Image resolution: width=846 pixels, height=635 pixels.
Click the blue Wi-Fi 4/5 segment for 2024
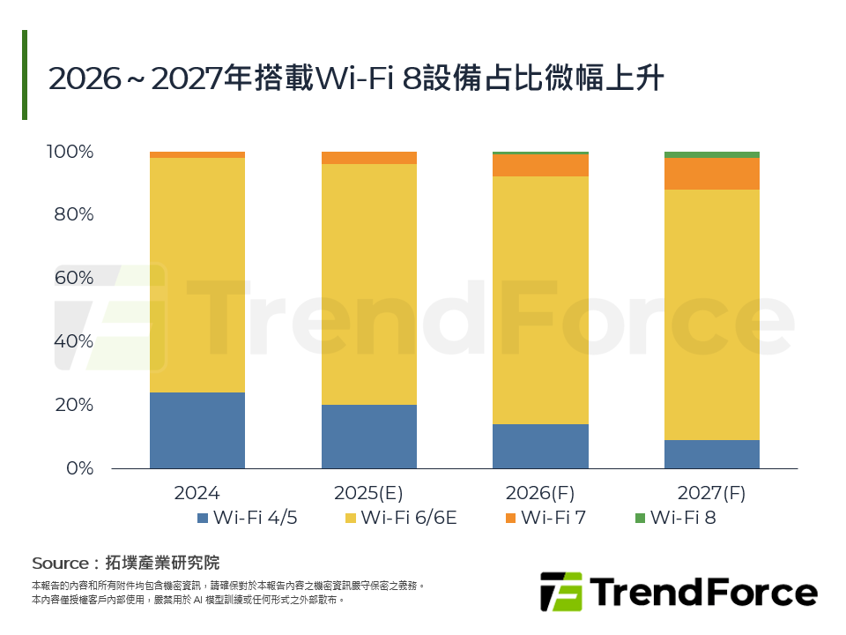click(197, 430)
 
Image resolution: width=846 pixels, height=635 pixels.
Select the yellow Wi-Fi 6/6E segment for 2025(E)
click(368, 284)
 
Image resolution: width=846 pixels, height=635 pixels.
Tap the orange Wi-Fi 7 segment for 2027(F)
click(711, 174)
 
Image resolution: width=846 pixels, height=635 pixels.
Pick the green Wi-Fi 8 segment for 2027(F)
click(711, 155)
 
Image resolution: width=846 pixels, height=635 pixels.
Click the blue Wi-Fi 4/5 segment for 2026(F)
click(540, 446)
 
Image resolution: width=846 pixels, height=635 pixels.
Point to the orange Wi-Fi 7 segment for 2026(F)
click(540, 166)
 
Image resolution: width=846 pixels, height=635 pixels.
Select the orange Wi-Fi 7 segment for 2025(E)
click(368, 158)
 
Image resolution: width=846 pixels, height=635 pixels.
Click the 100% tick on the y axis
click(70, 152)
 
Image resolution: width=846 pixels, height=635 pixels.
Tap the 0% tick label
click(80, 468)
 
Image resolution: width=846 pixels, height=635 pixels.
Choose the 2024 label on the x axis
click(197, 493)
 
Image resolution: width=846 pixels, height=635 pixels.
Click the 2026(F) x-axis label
click(540, 493)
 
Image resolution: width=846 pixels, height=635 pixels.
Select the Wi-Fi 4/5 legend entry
click(248, 518)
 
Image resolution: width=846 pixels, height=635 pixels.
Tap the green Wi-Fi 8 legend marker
click(640, 518)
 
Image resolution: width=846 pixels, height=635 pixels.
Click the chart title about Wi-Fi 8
click(356, 78)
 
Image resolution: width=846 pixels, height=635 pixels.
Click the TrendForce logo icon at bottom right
click(561, 592)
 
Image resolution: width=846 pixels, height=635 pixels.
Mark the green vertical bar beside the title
click(25, 75)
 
